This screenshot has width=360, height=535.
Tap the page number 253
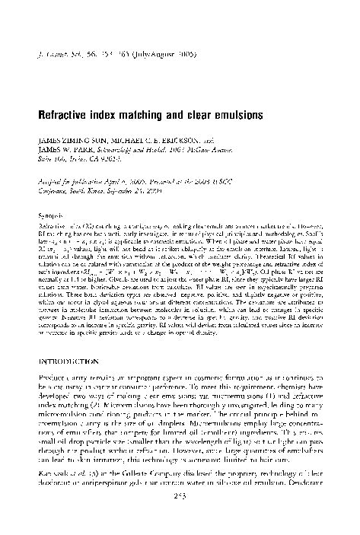180,520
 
